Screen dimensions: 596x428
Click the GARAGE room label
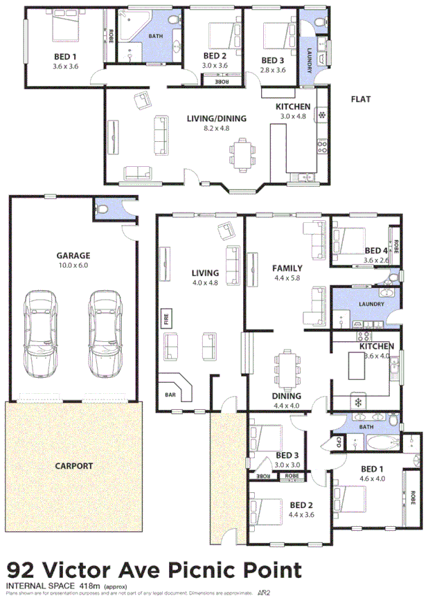coord(73,255)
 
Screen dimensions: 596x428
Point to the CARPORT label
coord(73,466)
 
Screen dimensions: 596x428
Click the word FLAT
coord(360,100)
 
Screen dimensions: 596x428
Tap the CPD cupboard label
coord(339,442)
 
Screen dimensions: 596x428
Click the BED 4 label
coord(376,251)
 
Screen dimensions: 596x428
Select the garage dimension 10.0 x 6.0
coord(73,265)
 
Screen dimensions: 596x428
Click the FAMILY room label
coord(287,267)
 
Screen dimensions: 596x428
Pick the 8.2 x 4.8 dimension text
coord(216,128)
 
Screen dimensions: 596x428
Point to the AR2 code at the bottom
coord(263,592)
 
